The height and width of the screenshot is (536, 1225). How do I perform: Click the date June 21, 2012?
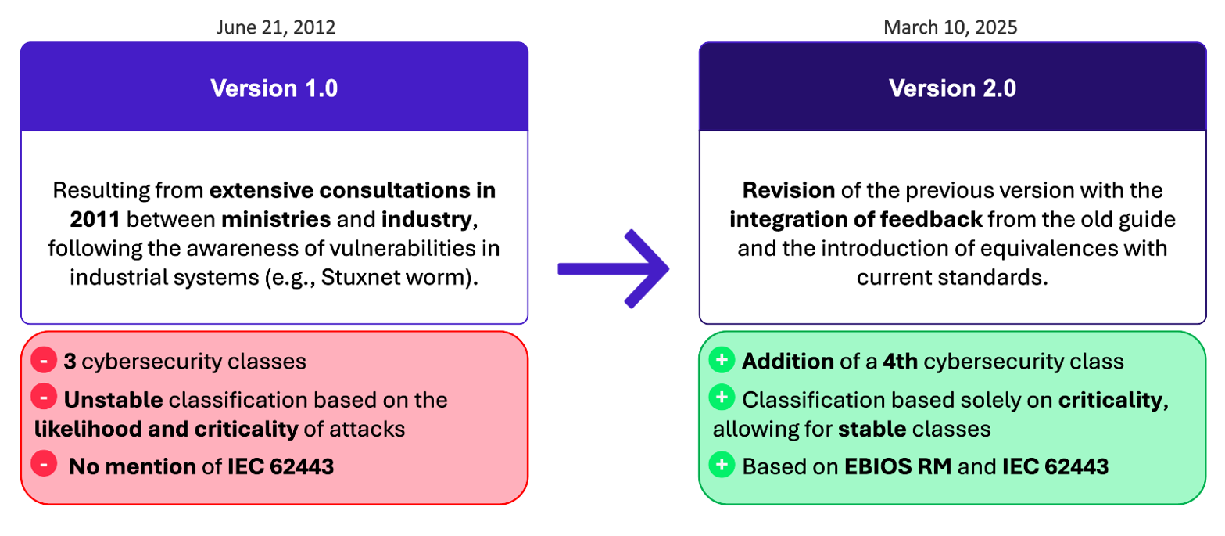point(276,27)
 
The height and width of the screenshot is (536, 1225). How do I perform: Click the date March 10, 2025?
point(951,27)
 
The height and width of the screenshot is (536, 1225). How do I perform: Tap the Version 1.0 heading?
point(274,88)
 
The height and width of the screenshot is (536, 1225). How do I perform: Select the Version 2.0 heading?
point(952,88)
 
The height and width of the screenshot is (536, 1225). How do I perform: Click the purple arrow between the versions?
point(614,268)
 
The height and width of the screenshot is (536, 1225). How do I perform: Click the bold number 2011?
point(95,220)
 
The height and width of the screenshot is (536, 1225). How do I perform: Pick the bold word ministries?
point(276,220)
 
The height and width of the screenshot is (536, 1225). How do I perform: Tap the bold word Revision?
point(789,190)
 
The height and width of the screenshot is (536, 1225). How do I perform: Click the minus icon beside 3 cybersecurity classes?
point(44,360)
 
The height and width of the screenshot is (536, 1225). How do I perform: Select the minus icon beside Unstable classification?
point(44,397)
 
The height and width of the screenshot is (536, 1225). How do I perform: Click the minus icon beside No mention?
point(44,463)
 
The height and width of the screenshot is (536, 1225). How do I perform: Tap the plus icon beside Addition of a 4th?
point(722,360)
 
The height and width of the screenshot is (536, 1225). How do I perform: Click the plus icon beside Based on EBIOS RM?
point(722,464)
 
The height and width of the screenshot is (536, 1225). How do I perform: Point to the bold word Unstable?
point(113,400)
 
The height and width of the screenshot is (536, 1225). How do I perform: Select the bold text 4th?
point(900,362)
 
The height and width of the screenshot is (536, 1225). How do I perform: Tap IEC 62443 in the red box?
point(281,466)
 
